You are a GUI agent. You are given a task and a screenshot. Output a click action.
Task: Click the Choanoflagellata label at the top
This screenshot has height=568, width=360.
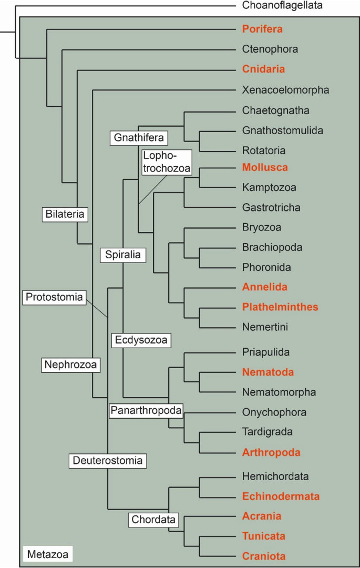pyautogui.click(x=282, y=6)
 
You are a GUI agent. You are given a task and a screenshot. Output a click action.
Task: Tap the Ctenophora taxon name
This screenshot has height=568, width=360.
pyautogui.click(x=270, y=49)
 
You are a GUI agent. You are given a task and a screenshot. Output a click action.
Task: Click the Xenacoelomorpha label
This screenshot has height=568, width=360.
pyautogui.click(x=286, y=90)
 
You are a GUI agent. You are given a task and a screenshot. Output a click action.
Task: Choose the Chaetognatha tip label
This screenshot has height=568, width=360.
pyautogui.click(x=276, y=110)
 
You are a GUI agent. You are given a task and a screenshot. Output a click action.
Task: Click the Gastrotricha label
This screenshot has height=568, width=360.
pyautogui.click(x=271, y=207)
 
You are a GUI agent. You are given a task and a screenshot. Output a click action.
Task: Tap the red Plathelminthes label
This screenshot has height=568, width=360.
pyautogui.click(x=280, y=307)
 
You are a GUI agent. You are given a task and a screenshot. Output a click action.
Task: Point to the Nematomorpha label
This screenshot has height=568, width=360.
pyautogui.click(x=279, y=392)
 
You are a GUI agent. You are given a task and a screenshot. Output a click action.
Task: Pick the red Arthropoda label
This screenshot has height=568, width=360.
pyautogui.click(x=272, y=452)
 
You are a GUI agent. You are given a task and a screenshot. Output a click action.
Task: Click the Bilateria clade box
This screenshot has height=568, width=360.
pyautogui.click(x=65, y=214)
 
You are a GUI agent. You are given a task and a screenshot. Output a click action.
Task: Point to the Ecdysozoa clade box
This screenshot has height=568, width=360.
pyautogui.click(x=141, y=340)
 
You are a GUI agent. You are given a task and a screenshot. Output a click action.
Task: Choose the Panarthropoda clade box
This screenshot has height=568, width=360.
pyautogui.click(x=146, y=410)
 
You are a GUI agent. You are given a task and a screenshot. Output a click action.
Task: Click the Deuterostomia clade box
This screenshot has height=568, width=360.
pyautogui.click(x=107, y=461)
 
